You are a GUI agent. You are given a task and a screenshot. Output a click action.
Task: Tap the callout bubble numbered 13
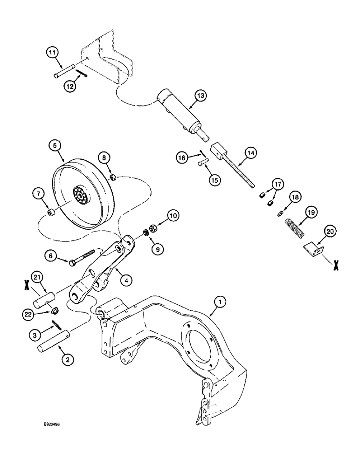(x=200, y=96)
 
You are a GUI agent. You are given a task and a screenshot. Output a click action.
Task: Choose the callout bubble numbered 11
(x=52, y=53)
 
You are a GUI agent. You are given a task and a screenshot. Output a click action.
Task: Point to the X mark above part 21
(x=27, y=285)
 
